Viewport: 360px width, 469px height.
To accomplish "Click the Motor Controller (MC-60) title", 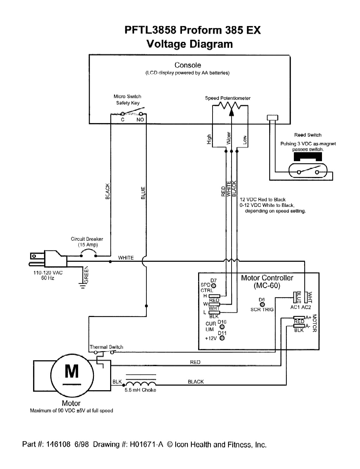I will click(267, 281).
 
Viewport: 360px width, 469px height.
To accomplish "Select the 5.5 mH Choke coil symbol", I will click(140, 384).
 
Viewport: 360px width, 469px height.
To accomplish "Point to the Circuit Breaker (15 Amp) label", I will click(87, 242).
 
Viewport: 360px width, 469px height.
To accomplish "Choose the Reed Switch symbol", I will click(308, 172).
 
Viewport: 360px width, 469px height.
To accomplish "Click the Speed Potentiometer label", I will click(228, 98).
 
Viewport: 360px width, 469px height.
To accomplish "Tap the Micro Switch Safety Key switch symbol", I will click(132, 114).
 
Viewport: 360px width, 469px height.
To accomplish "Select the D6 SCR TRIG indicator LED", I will click(262, 304).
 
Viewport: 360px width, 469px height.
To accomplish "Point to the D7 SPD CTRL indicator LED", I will click(214, 285).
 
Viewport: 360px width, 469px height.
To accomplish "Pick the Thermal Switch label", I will click(106, 347).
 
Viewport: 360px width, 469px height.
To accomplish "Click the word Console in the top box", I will click(188, 65).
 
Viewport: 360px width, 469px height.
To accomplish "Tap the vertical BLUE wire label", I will click(143, 192).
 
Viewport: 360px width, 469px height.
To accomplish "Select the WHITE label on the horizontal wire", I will click(126, 258).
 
